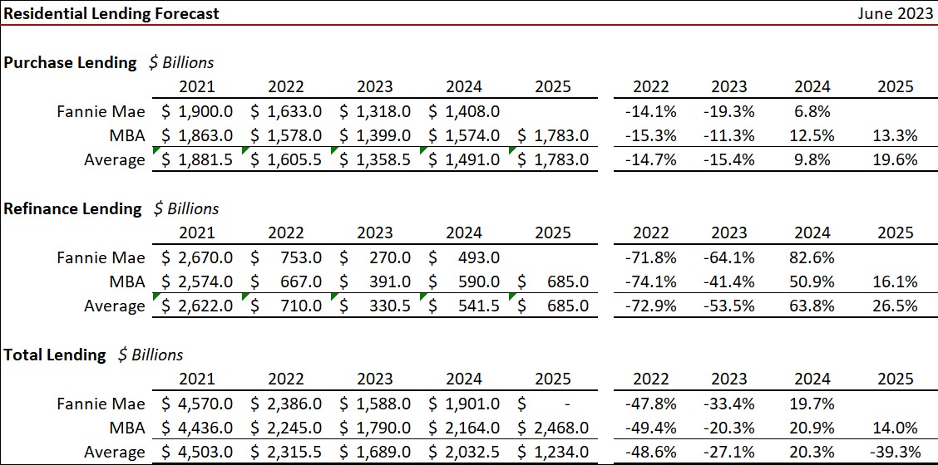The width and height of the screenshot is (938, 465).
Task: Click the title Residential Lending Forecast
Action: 112,13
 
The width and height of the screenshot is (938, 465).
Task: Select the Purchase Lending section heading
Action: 71,62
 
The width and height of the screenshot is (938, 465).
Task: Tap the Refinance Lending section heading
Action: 73,208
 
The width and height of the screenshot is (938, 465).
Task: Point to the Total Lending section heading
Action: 56,355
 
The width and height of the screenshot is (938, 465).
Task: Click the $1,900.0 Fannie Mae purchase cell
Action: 196,111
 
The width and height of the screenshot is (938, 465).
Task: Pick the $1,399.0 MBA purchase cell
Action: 375,135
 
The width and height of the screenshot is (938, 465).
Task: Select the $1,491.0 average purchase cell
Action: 464,159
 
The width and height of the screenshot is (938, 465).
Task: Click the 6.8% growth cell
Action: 812,111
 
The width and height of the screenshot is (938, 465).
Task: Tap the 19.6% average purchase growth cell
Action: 896,159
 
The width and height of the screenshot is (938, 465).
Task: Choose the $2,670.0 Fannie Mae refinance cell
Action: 196,257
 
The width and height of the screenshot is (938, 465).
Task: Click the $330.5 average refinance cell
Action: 375,306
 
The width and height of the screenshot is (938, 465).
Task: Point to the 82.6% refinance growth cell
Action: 812,257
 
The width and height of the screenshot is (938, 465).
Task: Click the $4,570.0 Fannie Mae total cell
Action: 196,404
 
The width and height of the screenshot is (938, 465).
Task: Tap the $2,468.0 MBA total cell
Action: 553,428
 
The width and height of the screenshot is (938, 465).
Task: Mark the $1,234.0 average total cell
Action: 553,452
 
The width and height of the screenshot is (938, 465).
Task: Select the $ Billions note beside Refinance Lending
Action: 186,208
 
